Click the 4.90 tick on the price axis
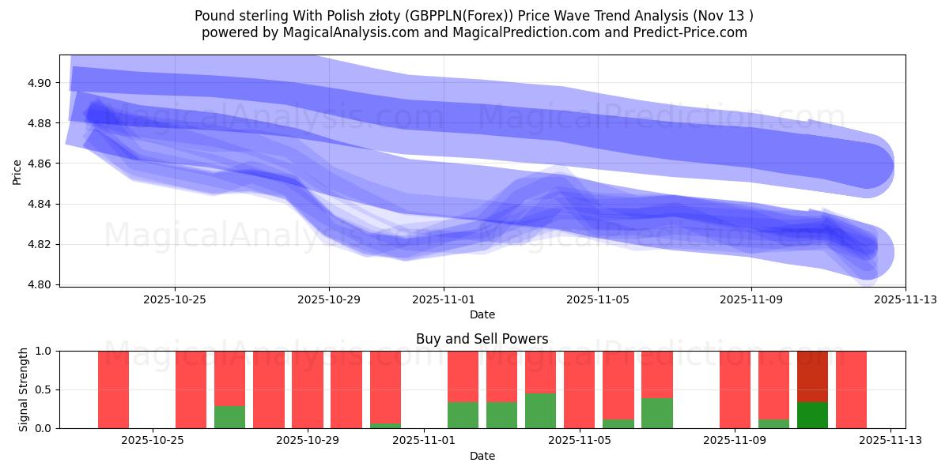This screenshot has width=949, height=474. (x=40, y=83)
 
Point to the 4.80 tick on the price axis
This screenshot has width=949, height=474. (x=40, y=284)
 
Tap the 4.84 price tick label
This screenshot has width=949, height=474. (x=40, y=204)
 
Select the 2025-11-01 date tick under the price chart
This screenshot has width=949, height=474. (x=444, y=299)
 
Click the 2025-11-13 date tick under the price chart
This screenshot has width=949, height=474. (x=905, y=299)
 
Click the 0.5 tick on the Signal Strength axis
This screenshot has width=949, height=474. (x=43, y=389)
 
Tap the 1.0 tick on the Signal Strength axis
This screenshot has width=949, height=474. (x=43, y=351)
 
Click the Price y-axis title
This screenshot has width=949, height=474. (x=17, y=171)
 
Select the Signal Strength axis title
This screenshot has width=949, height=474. (x=24, y=389)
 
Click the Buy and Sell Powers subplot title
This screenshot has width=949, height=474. (x=482, y=339)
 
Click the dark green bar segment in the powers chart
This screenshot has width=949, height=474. (x=812, y=415)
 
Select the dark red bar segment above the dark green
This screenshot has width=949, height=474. (x=812, y=376)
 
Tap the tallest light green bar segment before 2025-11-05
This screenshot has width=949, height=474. (x=540, y=411)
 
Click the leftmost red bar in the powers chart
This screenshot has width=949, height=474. (x=113, y=389)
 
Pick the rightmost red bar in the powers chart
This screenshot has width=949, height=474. (x=851, y=389)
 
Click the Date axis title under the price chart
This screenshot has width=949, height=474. (x=482, y=314)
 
